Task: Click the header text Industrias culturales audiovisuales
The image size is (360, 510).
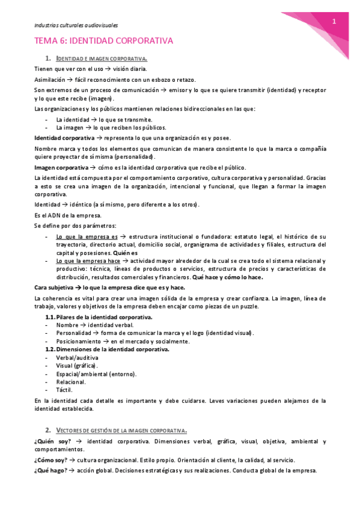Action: click(75, 25)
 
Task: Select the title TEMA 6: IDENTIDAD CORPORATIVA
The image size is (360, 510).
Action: click(103, 41)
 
